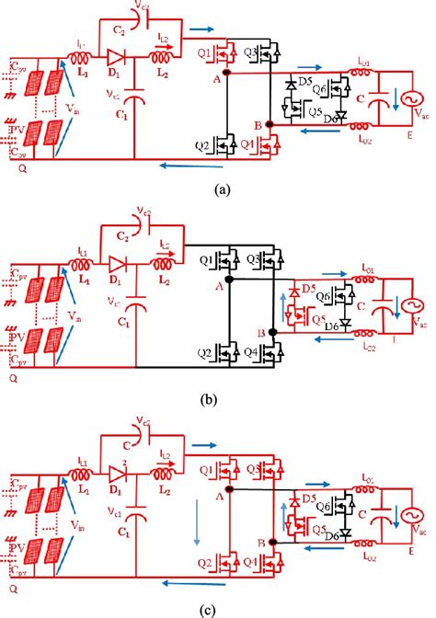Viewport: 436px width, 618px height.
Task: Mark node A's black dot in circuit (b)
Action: (x=227, y=279)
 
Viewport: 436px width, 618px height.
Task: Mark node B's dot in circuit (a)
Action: (x=268, y=122)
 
